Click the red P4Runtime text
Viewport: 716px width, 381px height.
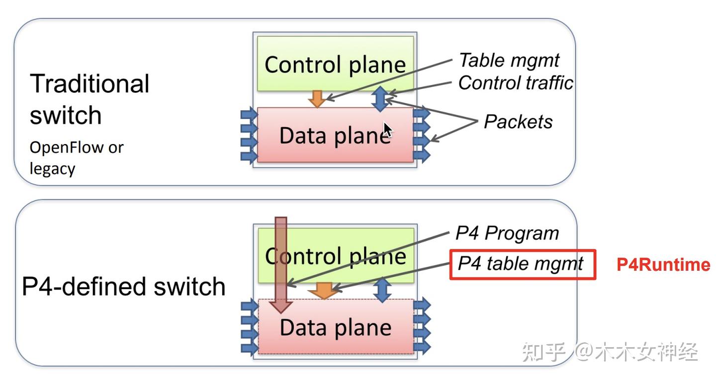click(663, 265)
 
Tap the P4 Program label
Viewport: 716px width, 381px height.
click(507, 233)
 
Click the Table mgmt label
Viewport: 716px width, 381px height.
click(509, 60)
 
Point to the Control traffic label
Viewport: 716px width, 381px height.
click(515, 83)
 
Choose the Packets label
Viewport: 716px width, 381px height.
click(518, 122)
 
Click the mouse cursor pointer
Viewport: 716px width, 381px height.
click(387, 130)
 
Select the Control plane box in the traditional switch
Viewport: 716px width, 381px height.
click(335, 64)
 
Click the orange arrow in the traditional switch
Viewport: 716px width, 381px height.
click(317, 99)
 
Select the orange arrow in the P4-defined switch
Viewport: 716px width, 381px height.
click(324, 290)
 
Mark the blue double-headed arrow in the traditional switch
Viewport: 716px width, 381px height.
click(379, 98)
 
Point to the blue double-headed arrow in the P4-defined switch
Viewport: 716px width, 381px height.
click(382, 290)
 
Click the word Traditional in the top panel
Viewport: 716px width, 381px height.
click(89, 83)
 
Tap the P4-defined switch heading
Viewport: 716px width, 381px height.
click(124, 287)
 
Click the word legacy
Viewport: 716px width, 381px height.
click(52, 169)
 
